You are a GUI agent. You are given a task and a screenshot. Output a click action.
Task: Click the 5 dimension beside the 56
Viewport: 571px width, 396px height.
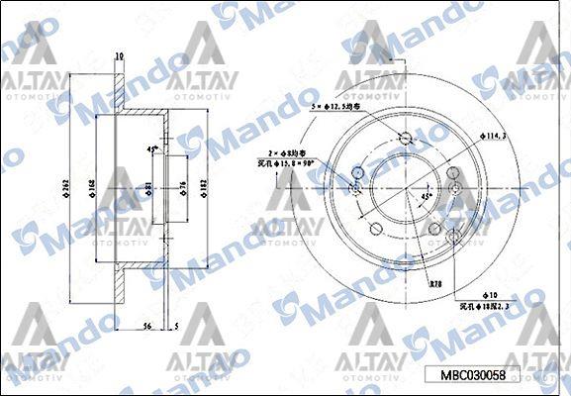pos(174,325)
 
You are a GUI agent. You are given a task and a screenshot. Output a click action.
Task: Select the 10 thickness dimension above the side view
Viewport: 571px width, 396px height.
pos(119,55)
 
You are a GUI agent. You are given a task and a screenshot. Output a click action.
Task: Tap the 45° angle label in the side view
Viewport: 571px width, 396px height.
pos(152,149)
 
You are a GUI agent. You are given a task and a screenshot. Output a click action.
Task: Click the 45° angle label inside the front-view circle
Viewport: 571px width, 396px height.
pos(426,196)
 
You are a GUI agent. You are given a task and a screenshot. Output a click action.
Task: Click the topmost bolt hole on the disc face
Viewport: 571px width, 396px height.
pos(404,139)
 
